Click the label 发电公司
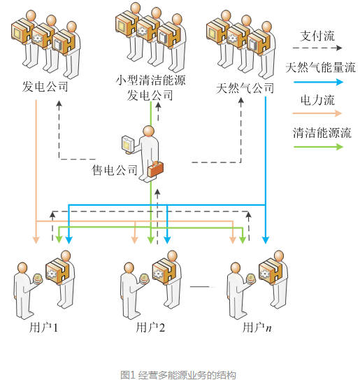(x=45, y=87)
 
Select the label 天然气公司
(x=245, y=87)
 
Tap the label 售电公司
(x=114, y=170)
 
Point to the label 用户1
(x=43, y=328)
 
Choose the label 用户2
(x=150, y=328)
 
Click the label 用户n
(x=257, y=328)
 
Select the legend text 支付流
(x=317, y=36)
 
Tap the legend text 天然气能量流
(x=321, y=67)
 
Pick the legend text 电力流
(x=317, y=100)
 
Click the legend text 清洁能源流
(x=322, y=133)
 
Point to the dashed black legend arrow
(x=317, y=48)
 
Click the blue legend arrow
(x=318, y=82)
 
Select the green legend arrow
(x=318, y=147)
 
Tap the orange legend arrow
(x=317, y=113)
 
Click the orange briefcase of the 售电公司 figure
(x=155, y=169)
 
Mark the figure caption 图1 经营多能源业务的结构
(x=178, y=374)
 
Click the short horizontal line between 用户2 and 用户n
(x=203, y=287)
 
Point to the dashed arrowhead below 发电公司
(x=59, y=104)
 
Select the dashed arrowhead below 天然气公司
(x=241, y=101)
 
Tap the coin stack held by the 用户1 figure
(x=38, y=279)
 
